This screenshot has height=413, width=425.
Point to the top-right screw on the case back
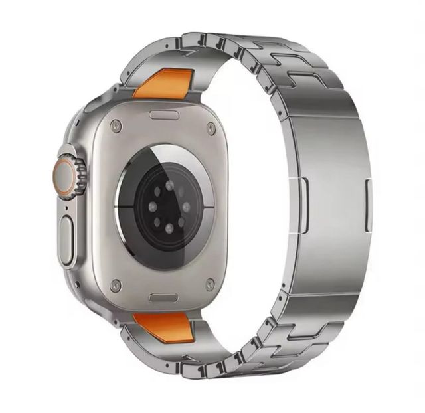point(211,128)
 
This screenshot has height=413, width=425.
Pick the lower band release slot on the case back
point(163,297)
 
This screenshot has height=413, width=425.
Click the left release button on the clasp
point(303,205)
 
